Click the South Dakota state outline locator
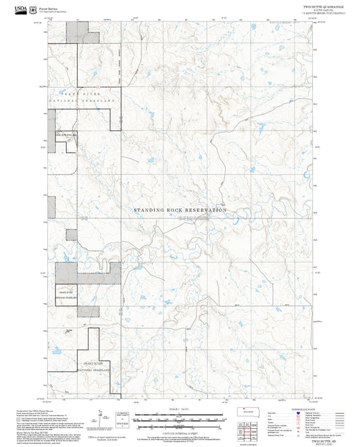pos(247,410)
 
